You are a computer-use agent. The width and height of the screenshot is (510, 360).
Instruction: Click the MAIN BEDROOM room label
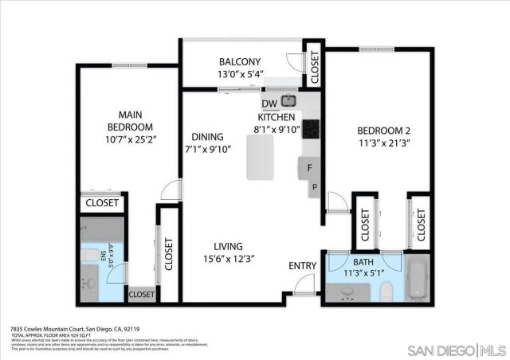130,121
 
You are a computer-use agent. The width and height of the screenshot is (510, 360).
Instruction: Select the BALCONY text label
240,62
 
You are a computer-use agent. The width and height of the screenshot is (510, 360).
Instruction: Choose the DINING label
206,136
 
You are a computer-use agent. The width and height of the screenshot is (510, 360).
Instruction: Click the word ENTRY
302,265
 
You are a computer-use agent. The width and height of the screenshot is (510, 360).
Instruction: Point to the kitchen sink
288,101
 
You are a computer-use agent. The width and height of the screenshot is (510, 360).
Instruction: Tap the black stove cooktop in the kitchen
310,129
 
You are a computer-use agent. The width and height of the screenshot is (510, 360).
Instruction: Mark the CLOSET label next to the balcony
315,68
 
